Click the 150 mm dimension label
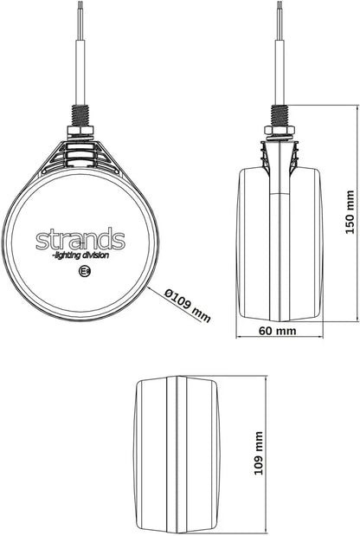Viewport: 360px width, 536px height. coord(350,212)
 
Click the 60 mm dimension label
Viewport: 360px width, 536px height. coord(277,331)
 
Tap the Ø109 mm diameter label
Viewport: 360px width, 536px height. coord(187,306)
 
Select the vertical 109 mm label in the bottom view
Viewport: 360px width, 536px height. coord(259,453)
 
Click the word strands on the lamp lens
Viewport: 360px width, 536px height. coord(80,238)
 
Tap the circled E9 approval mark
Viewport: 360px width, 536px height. coord(84,271)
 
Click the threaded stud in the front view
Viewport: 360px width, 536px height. coord(80,115)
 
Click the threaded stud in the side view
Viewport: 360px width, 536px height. coord(280,115)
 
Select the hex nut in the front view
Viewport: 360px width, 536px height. coord(80,131)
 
